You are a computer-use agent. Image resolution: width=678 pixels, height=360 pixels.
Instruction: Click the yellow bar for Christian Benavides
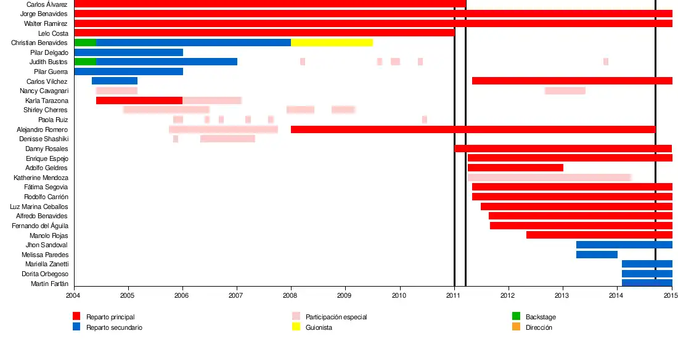coord(332,43)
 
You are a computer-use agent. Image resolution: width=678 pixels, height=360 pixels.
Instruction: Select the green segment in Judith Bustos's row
coord(85,62)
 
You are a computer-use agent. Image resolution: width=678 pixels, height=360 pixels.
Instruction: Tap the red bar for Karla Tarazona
coord(139,100)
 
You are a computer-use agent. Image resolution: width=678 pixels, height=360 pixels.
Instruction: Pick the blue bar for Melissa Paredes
coord(597,255)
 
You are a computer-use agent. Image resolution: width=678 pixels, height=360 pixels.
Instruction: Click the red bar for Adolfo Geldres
coord(515,168)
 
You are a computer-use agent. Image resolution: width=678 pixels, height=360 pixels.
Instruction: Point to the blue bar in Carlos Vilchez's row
coord(115,81)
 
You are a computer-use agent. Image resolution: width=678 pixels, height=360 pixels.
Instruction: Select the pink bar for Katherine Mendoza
coord(549,178)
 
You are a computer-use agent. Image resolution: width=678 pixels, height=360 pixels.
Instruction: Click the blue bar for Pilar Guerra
coord(128,72)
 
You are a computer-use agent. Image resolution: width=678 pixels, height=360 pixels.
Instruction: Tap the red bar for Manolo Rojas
coord(599,235)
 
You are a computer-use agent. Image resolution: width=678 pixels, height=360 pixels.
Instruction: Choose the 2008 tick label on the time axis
coord(291,296)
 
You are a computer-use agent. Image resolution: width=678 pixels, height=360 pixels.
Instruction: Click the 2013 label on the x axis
coord(563,296)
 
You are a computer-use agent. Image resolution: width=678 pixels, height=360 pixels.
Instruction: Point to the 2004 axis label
coord(74,296)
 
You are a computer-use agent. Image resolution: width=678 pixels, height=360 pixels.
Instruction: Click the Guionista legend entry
coord(319,327)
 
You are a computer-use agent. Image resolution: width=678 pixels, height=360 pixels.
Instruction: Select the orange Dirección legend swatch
coord(516,327)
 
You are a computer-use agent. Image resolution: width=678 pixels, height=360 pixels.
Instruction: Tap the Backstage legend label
coord(541,317)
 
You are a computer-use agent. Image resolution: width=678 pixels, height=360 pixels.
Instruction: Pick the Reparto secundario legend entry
coord(114,327)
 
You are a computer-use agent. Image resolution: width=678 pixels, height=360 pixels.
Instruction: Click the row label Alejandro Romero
coord(42,129)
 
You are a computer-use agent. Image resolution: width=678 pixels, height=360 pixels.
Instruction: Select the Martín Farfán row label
coord(49,284)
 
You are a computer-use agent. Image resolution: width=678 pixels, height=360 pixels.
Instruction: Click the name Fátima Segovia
coord(46,187)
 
